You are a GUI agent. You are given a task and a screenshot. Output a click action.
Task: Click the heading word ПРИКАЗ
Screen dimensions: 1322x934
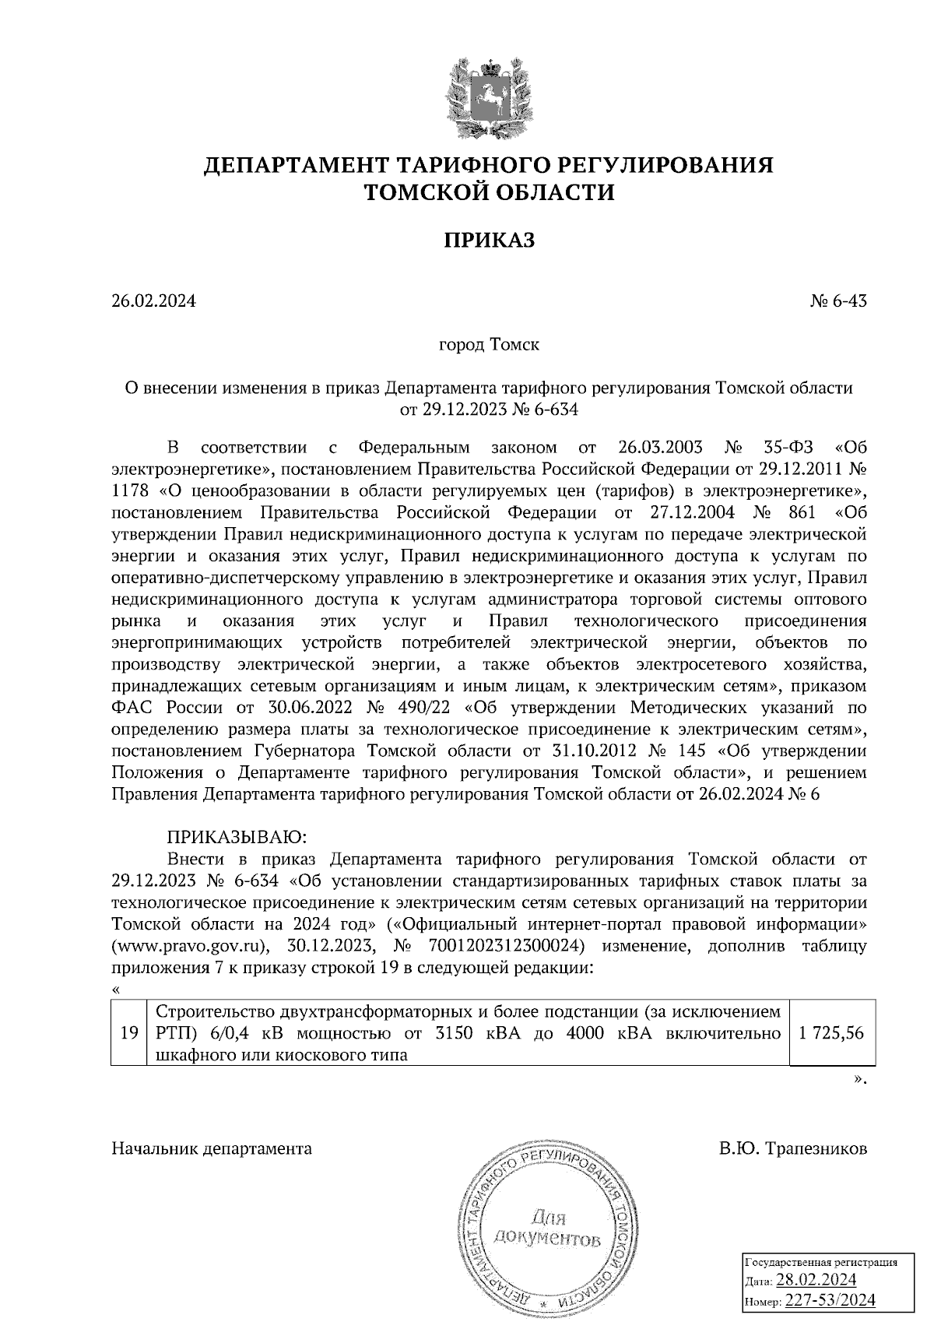pos(490,241)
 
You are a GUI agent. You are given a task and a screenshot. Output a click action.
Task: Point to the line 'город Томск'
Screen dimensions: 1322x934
pos(490,344)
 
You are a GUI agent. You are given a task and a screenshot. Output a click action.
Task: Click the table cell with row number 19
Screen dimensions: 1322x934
pos(128,1033)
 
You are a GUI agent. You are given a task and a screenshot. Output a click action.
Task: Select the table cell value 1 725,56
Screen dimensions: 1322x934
pos(832,1033)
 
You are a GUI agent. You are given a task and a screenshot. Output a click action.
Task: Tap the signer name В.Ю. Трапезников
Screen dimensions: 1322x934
pos(792,1148)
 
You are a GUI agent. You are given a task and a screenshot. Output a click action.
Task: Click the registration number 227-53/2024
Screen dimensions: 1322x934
pos(830,1299)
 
